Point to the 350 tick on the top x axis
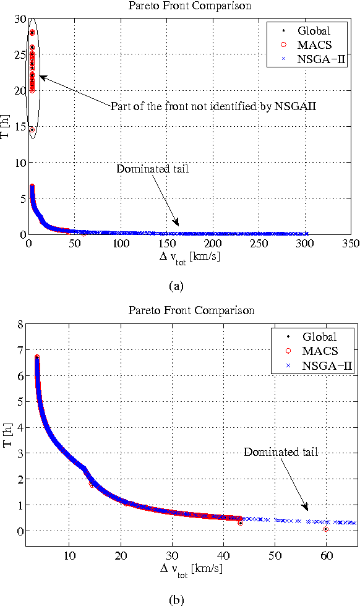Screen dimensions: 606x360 351,244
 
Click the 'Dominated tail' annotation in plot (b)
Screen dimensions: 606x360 280,452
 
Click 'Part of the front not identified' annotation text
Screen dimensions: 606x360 213,106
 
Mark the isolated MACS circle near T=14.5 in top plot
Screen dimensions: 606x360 32,130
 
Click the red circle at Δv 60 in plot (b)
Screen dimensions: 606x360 326,529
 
